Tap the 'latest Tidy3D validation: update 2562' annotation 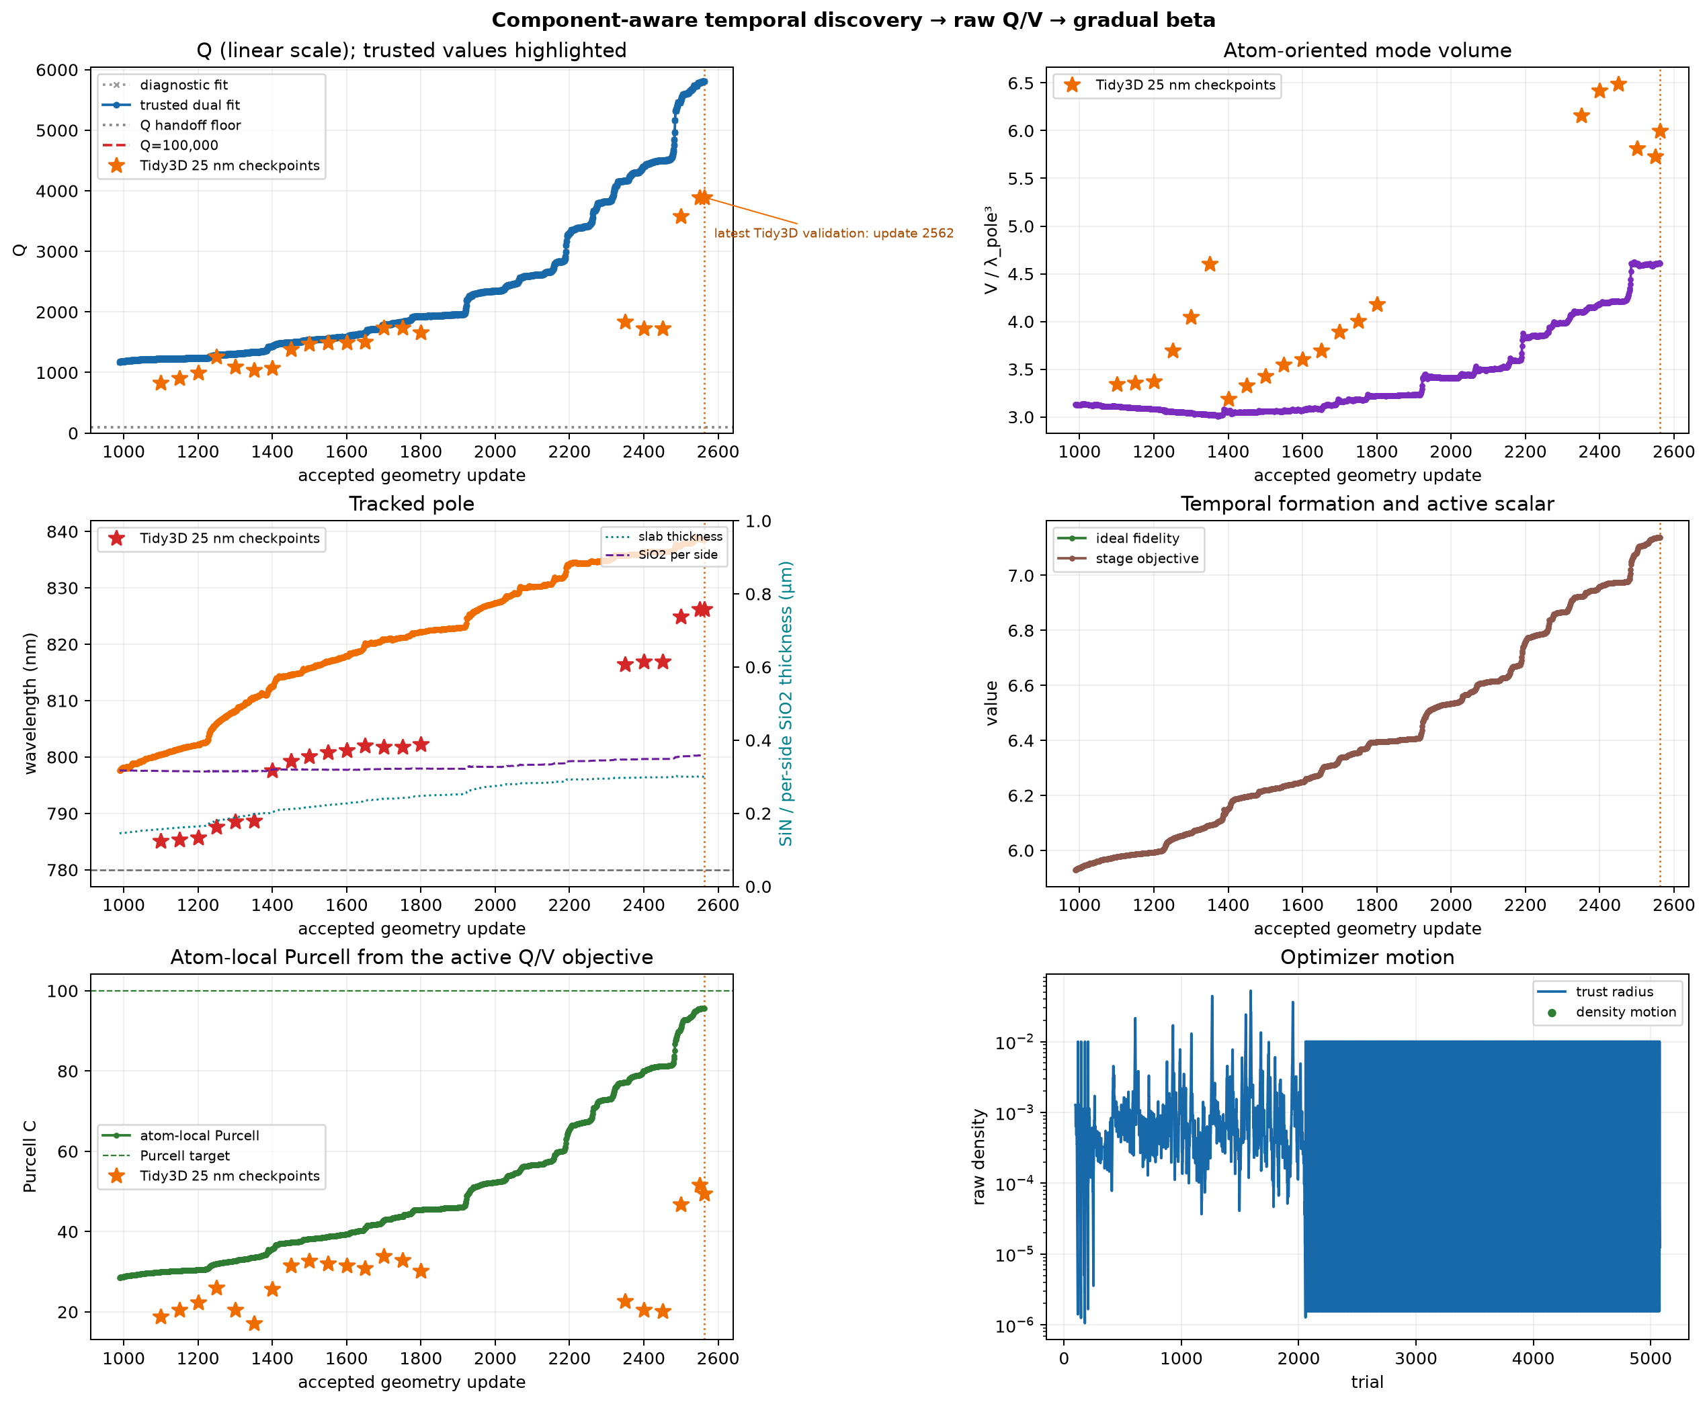pyautogui.click(x=833, y=233)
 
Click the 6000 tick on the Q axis pyautogui.click(x=57, y=71)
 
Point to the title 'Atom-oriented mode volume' pyautogui.click(x=1366, y=50)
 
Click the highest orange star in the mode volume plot pyautogui.click(x=1618, y=84)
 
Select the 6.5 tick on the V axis pyautogui.click(x=1020, y=83)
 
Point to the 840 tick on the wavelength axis pyautogui.click(x=63, y=532)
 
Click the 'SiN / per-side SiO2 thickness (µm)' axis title pyautogui.click(x=786, y=703)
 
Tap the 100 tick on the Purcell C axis pyautogui.click(x=63, y=992)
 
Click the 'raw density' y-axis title pyautogui.click(x=979, y=1157)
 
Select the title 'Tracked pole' pyautogui.click(x=411, y=504)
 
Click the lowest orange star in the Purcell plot pyautogui.click(x=254, y=1323)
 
